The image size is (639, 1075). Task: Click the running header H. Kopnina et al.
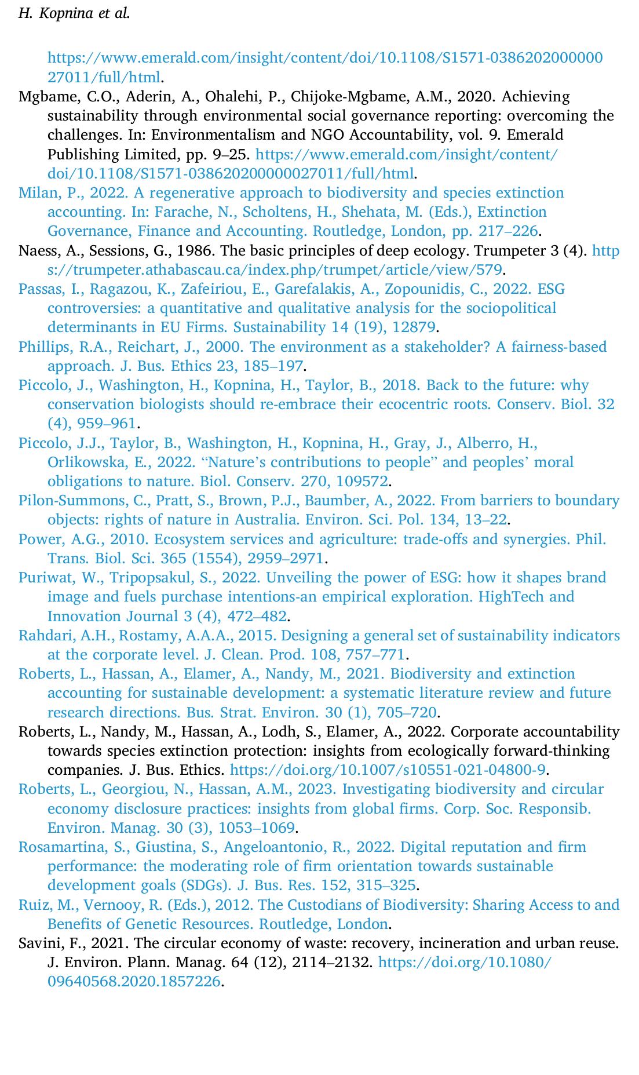74,13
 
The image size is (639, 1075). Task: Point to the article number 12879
413,327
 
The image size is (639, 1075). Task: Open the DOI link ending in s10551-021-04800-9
388,770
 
